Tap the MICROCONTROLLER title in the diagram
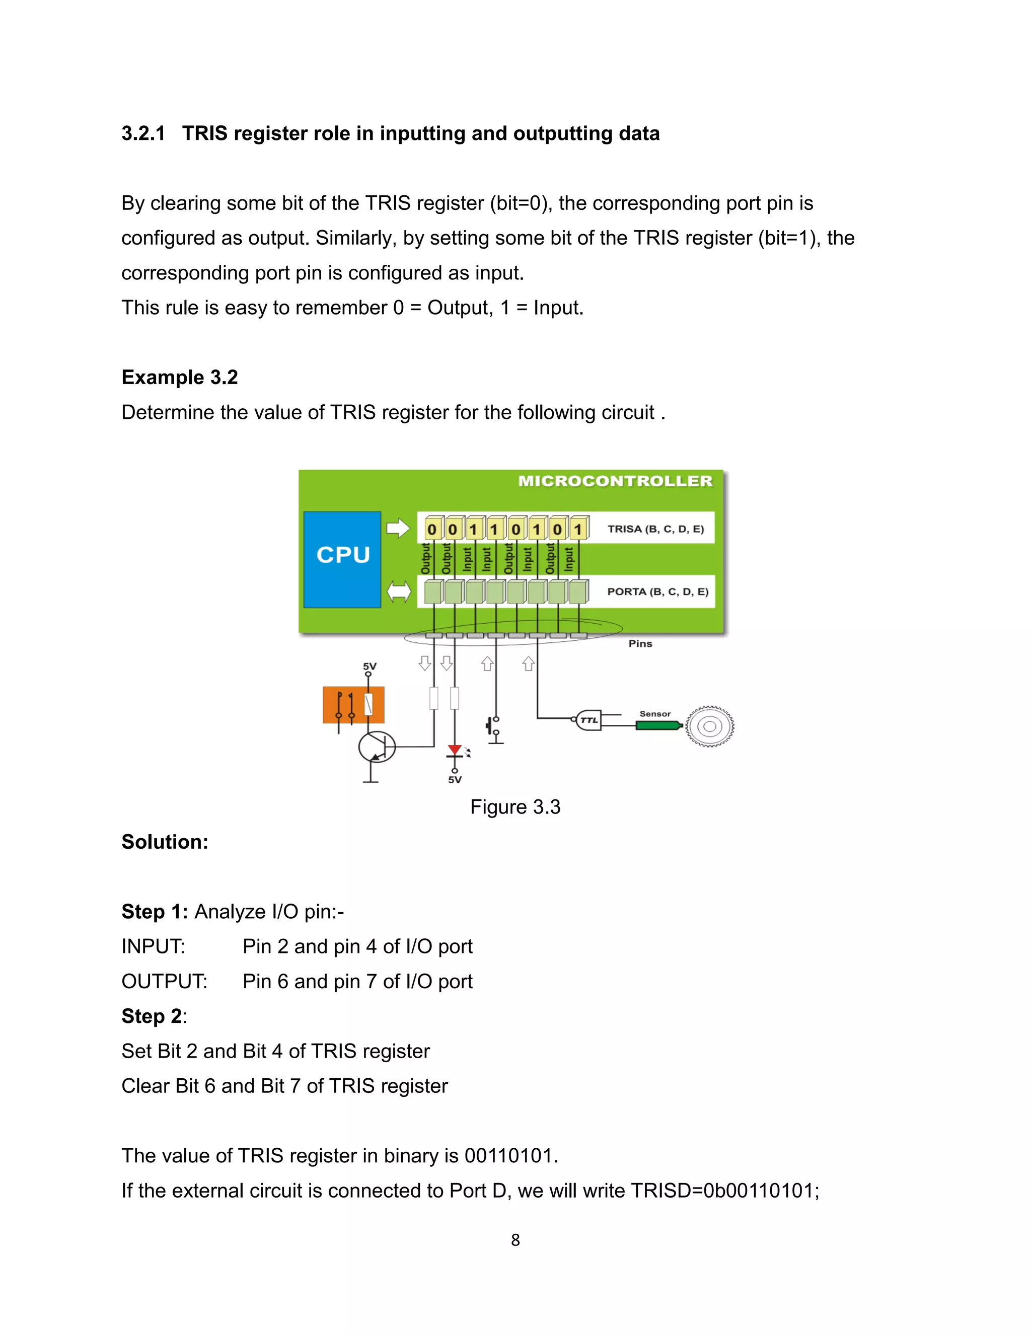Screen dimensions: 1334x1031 click(615, 481)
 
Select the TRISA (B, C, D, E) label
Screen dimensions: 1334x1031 click(655, 529)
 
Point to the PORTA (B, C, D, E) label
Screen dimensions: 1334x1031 click(657, 591)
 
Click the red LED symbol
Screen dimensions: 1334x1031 click(455, 751)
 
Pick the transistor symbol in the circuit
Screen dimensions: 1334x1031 click(376, 747)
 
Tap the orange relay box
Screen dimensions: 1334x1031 click(353, 705)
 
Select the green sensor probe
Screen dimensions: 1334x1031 click(658, 725)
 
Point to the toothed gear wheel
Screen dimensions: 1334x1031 click(709, 726)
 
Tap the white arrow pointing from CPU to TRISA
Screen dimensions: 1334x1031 click(398, 528)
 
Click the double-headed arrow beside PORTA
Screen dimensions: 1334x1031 click(399, 591)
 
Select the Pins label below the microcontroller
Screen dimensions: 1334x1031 click(640, 644)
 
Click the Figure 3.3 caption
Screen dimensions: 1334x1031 click(515, 807)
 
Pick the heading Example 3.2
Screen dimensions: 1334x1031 click(180, 378)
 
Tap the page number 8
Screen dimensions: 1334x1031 click(515, 1240)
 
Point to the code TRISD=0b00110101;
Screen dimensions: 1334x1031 click(724, 1191)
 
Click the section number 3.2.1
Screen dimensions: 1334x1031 click(143, 133)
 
